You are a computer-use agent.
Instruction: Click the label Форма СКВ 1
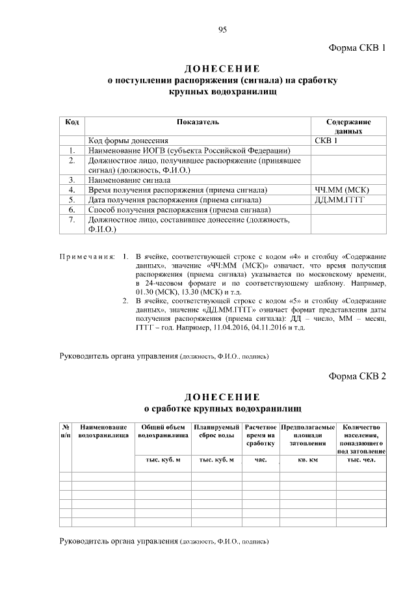tap(357, 48)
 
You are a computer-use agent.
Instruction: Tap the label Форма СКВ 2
tap(357, 376)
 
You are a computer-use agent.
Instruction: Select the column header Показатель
tap(198, 122)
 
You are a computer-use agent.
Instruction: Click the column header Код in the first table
tap(73, 122)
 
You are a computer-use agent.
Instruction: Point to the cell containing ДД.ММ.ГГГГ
tap(339, 200)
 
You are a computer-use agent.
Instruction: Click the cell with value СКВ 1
tap(326, 140)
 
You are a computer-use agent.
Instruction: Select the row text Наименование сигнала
tap(129, 179)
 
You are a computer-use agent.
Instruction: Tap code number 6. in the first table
tap(73, 210)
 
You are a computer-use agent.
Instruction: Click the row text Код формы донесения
tap(128, 140)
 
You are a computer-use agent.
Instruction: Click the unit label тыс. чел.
tap(362, 460)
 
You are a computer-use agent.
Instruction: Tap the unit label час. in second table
tap(261, 460)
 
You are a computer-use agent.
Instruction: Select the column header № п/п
tap(66, 430)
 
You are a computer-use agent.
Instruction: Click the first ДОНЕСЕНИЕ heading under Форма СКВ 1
tap(222, 69)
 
